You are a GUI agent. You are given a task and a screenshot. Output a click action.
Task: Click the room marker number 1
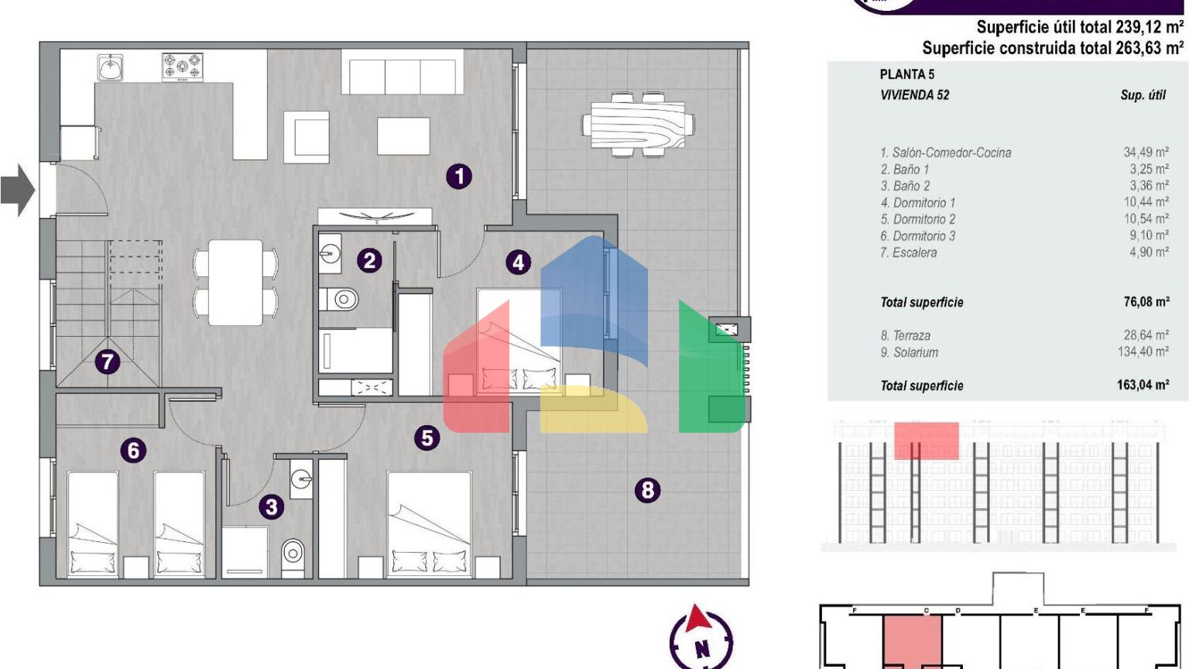coord(459,177)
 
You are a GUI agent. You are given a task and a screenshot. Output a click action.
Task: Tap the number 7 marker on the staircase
coord(108,362)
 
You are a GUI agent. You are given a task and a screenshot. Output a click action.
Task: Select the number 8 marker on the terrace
coord(648,490)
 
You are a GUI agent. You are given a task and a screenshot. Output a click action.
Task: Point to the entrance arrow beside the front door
coord(18,190)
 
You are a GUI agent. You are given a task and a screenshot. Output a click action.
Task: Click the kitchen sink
coord(111,68)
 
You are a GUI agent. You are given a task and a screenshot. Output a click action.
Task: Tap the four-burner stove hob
coord(183,67)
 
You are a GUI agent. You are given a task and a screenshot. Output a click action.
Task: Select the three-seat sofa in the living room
coord(402,72)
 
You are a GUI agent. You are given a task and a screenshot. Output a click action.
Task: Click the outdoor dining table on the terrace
coord(638,125)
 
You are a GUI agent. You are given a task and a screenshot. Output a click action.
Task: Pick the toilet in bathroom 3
coord(293,557)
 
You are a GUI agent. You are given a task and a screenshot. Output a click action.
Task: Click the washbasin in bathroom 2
coord(331,254)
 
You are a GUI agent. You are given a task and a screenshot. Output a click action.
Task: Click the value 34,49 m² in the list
coord(1146,153)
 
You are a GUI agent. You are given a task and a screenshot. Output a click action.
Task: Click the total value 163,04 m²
coord(1143,385)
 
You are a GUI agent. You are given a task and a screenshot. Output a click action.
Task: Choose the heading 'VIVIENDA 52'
coord(914,95)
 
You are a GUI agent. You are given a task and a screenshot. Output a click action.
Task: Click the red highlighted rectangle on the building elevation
coord(927,441)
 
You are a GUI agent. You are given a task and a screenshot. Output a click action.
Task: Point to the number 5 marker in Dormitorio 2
coord(427,438)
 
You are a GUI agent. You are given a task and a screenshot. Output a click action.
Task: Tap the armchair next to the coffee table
coord(307,137)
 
